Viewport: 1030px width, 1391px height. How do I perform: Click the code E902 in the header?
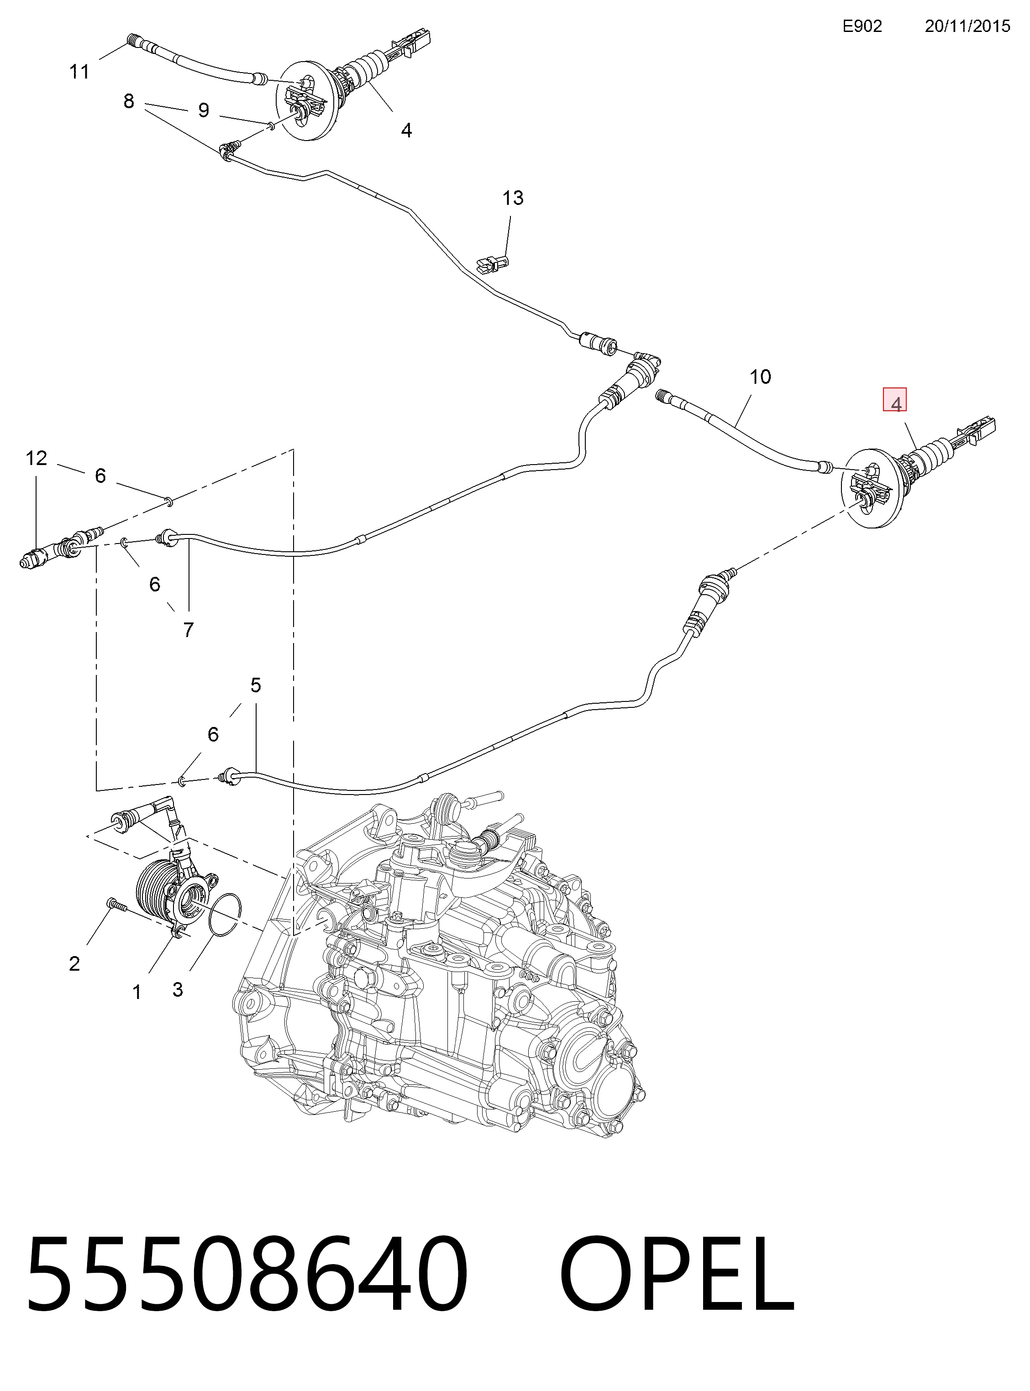pos(862,26)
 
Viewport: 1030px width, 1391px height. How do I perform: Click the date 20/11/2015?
pos(967,26)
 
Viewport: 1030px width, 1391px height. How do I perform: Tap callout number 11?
pos(79,72)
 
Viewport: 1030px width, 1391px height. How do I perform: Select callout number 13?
pos(513,198)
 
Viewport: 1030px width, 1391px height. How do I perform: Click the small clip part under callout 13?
pos(493,264)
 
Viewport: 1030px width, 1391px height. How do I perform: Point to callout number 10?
pos(760,377)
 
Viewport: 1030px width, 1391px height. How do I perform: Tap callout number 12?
pos(36,458)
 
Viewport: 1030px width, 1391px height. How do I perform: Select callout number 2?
pos(74,964)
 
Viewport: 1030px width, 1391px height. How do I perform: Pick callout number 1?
pos(137,992)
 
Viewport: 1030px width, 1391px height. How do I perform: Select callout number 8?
pos(128,101)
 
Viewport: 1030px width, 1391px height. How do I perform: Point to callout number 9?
pos(203,110)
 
